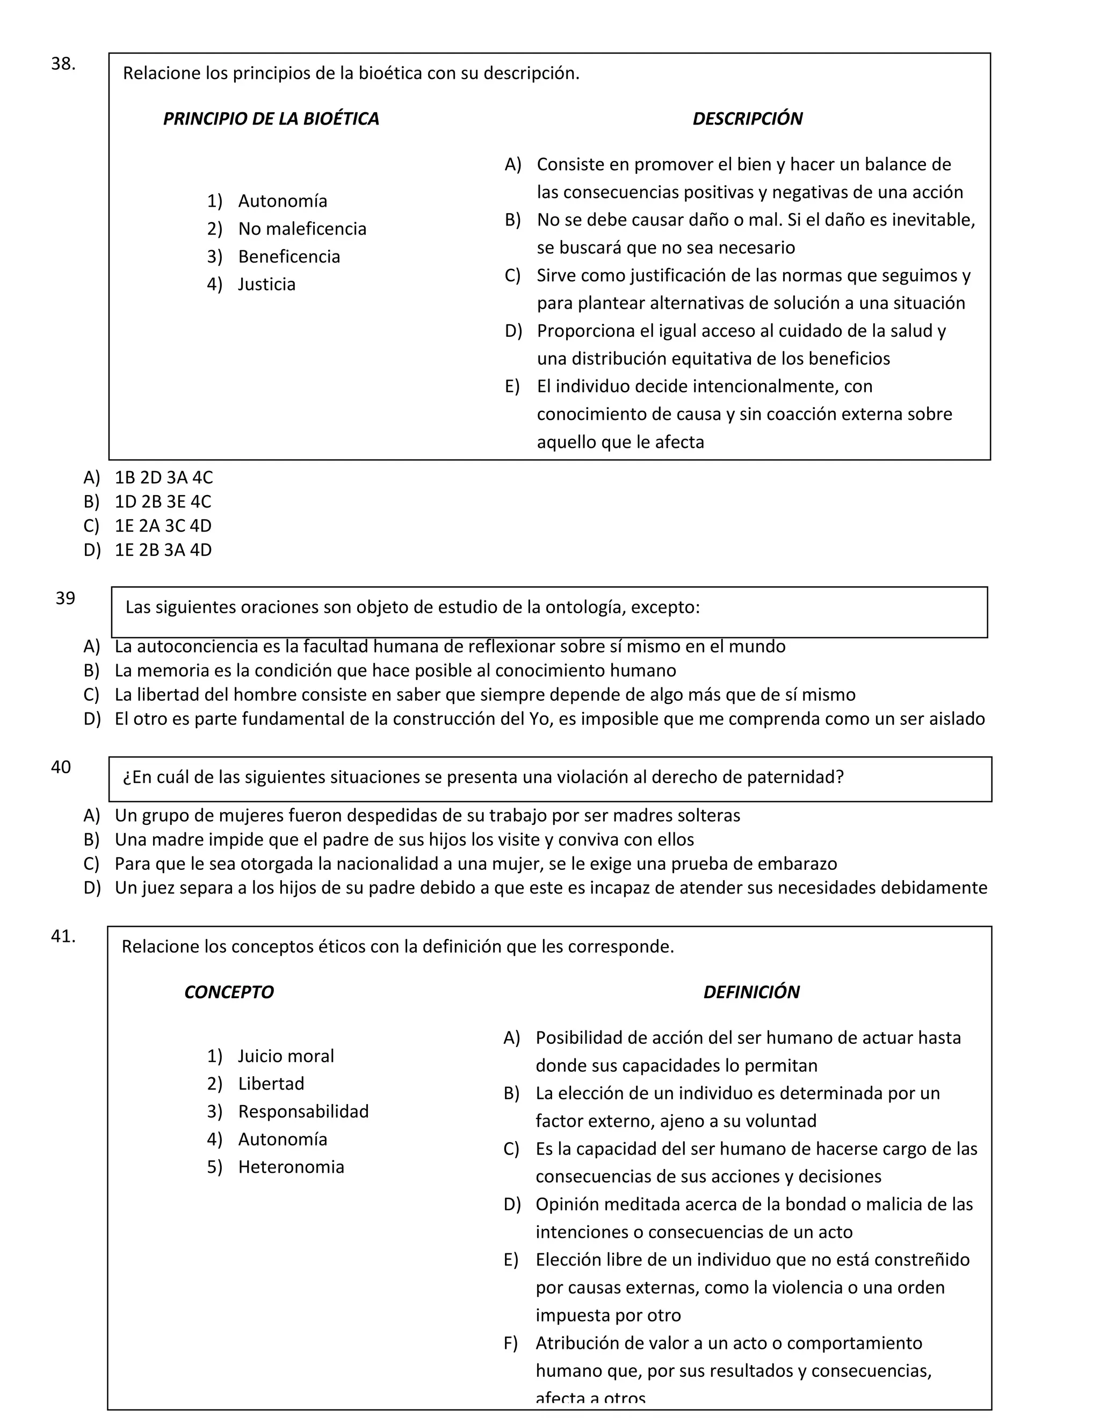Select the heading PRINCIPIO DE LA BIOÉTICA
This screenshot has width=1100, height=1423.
271,119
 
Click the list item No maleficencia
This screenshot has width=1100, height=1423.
302,229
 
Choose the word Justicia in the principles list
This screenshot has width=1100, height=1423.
266,284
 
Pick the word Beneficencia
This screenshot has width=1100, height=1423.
288,257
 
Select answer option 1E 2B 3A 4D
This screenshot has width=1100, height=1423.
163,550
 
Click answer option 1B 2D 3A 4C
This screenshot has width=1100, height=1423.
164,477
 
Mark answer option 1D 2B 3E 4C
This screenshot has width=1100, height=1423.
163,502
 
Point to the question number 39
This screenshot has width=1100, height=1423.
65,598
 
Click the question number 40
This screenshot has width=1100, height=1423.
61,767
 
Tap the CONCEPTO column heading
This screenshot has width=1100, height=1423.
229,992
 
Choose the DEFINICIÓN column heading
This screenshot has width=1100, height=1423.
751,992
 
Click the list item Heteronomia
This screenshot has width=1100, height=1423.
291,1167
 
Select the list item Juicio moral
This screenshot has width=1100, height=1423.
285,1056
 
